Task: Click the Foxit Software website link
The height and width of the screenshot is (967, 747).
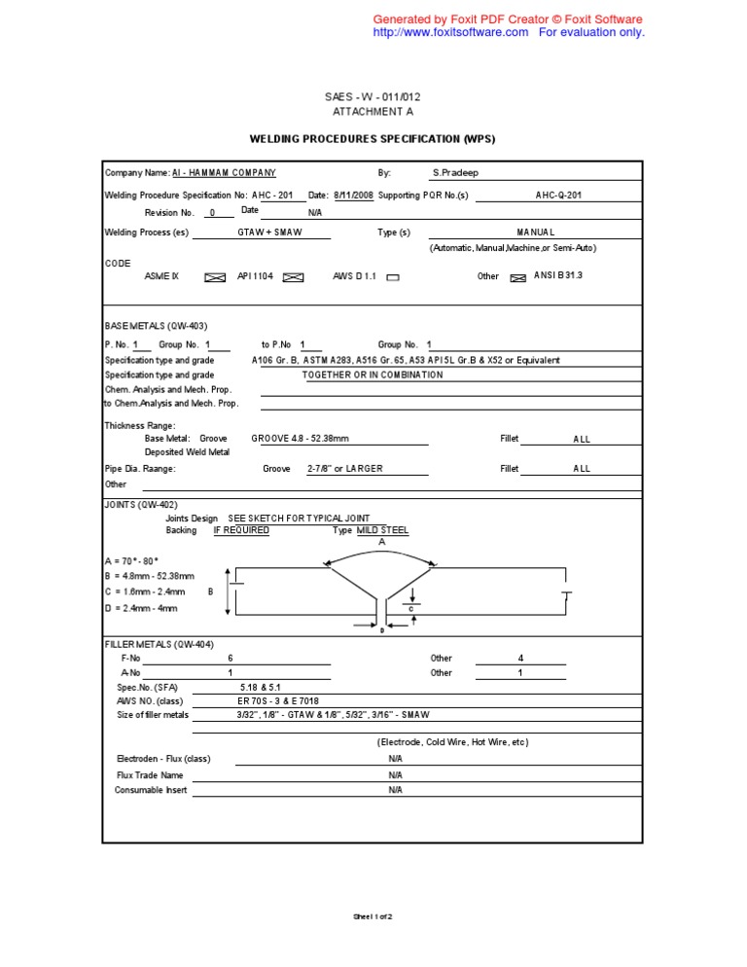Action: pos(450,32)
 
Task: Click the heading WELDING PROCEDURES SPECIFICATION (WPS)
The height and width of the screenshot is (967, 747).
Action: pos(373,139)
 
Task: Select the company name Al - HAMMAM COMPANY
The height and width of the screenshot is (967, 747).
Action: pos(224,173)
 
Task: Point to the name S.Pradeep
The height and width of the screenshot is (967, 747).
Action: pos(455,173)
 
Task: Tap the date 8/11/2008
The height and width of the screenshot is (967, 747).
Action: pos(353,195)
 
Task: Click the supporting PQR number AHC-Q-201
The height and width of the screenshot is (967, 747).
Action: pos(558,195)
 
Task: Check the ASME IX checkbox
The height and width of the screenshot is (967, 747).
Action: pos(215,277)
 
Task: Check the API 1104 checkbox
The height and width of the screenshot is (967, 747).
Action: pos(293,277)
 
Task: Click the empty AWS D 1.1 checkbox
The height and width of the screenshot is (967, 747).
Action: pos(393,277)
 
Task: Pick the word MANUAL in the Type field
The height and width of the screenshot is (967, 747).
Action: pos(536,233)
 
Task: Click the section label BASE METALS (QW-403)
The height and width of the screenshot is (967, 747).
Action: pos(156,326)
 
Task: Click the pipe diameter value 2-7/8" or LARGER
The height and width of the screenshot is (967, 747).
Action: pos(345,469)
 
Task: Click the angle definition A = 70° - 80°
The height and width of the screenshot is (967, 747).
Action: pos(131,562)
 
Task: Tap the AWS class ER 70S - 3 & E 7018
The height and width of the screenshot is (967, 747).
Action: pos(278,700)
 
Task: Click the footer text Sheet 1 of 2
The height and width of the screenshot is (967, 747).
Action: pos(372,916)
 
